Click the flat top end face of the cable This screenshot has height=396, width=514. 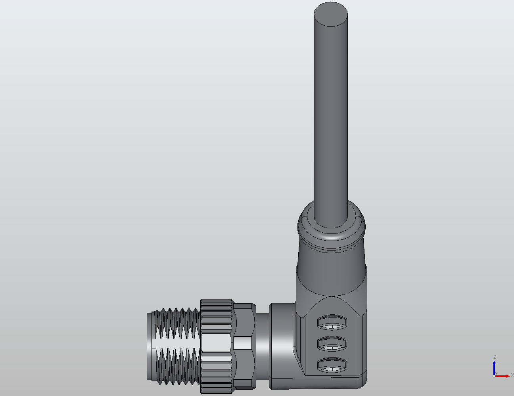tap(331, 14)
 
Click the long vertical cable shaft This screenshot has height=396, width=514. tap(331, 119)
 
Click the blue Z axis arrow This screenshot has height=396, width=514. tap(495, 367)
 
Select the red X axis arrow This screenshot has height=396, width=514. tap(504, 376)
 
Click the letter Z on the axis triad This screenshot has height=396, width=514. tap(495, 357)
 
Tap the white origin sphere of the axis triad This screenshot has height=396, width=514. tap(494, 376)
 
